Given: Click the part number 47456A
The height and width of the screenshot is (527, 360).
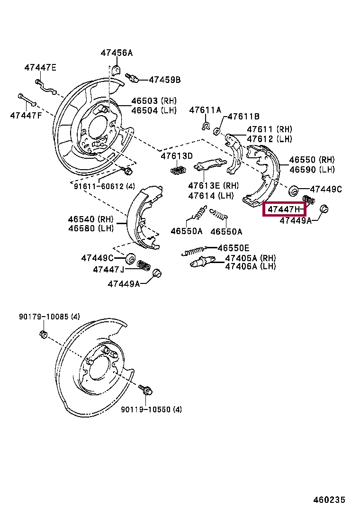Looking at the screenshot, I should coord(117,53).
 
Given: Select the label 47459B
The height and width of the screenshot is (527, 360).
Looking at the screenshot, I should coord(165,80).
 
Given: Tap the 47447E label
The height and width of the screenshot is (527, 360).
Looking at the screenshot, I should coord(40,68).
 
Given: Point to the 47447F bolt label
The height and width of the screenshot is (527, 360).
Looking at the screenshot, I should coord(26,115).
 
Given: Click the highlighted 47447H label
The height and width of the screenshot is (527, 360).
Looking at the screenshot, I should coord(284,209).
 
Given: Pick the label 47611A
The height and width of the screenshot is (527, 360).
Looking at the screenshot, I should coord(205,110).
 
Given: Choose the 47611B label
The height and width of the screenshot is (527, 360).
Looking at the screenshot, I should coord(243,116).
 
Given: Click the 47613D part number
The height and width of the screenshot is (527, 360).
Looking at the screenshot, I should coord(177,156).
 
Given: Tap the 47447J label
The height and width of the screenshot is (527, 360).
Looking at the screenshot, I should coord(108,270).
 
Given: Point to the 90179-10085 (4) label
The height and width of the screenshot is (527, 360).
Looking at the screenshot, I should coord(49,317).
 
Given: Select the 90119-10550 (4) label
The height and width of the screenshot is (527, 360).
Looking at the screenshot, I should coord(151,409).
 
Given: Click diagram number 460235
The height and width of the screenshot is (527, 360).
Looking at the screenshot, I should coord(329,500).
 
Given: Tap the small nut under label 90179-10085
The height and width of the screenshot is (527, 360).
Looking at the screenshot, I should coord(43,335).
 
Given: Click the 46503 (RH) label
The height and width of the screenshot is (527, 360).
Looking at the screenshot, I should coord(153,101).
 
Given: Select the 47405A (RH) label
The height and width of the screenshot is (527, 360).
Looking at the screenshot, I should coord(250,258).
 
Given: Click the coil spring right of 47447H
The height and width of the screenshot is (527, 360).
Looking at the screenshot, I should coord(308,200).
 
